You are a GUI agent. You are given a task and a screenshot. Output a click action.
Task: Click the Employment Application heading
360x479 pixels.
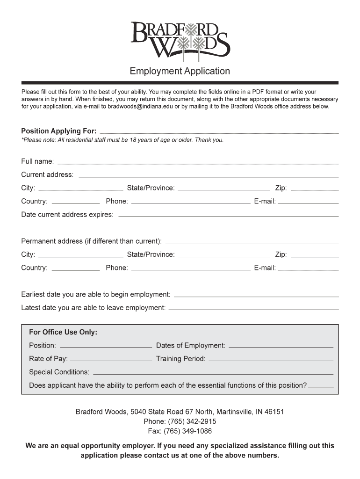180,71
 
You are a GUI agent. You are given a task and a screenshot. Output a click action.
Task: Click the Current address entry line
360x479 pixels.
208,176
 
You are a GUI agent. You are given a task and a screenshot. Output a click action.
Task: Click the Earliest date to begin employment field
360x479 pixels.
256,296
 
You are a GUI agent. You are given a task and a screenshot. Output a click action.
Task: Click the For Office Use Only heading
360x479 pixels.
63,332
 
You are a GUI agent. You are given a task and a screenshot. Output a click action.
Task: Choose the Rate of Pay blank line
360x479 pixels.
110,361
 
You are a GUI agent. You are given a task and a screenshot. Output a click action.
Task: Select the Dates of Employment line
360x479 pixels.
281,347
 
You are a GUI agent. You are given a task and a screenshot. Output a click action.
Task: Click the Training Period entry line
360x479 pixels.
271,361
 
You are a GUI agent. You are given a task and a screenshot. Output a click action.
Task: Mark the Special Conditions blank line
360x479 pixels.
213,374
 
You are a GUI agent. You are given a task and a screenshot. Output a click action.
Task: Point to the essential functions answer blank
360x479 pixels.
321,387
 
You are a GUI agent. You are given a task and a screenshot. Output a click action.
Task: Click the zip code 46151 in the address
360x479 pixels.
274,412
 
